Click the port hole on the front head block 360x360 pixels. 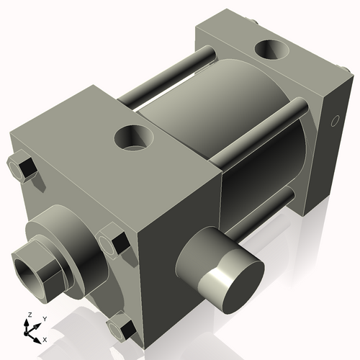pos(134,137)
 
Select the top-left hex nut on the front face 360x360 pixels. pos(22,167)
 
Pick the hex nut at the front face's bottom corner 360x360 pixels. pos(121,329)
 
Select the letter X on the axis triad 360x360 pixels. pos(45,338)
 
